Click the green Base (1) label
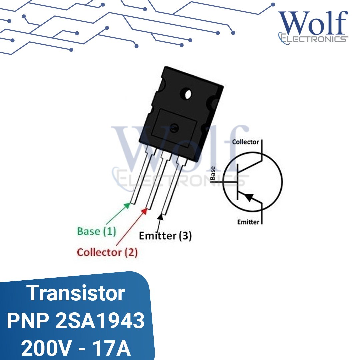(96, 231)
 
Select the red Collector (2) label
(107, 252)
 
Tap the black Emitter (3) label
(165, 236)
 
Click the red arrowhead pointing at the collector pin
(144, 210)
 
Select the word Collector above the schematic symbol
(245, 142)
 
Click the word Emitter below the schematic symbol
(248, 222)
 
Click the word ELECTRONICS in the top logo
(313, 39)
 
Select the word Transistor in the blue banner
(76, 293)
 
